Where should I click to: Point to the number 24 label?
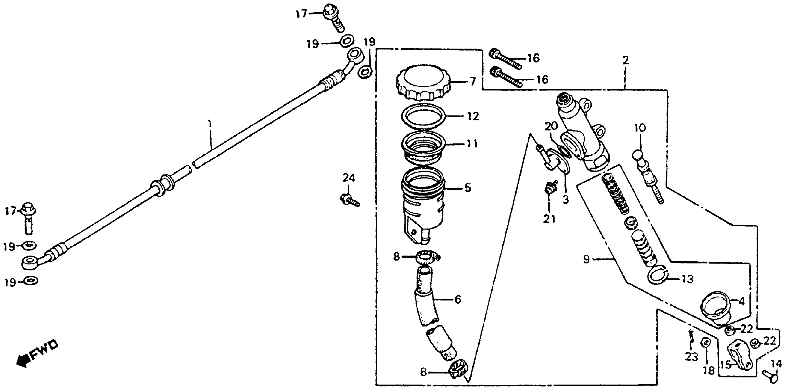click(x=348, y=178)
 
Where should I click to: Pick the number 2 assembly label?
click(x=625, y=60)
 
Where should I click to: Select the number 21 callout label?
click(x=549, y=219)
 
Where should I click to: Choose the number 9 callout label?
click(x=586, y=259)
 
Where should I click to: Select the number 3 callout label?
click(x=565, y=200)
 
